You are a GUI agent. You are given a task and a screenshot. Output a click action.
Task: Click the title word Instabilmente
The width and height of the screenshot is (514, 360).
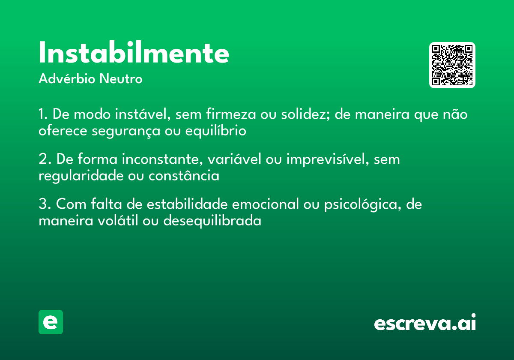134,53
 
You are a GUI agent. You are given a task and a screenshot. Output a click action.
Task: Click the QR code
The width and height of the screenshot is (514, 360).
452,65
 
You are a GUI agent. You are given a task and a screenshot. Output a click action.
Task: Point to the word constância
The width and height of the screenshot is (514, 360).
184,176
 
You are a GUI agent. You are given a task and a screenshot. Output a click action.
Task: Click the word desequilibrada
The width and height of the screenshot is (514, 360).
212,221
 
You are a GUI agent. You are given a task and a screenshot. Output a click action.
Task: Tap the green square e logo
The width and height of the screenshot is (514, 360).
51,322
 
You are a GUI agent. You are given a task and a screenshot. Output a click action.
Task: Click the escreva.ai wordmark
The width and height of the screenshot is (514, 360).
424,323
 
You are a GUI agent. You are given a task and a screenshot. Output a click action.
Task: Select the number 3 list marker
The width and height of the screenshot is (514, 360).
43,204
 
